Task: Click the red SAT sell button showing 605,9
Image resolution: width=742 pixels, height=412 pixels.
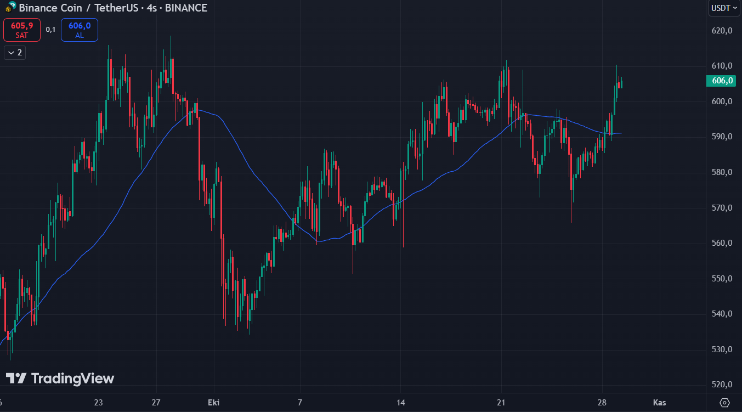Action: (x=22, y=30)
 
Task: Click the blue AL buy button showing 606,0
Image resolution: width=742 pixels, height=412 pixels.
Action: (x=80, y=30)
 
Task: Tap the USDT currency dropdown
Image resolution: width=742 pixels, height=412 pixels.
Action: (x=723, y=8)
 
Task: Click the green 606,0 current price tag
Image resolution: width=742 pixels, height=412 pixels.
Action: (x=722, y=81)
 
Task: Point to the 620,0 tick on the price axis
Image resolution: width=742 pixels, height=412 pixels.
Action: (x=722, y=31)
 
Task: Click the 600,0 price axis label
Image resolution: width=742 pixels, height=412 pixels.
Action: (x=722, y=101)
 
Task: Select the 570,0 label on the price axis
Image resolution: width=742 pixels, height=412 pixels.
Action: (x=722, y=208)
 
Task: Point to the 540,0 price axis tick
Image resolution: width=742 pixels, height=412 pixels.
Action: (x=722, y=314)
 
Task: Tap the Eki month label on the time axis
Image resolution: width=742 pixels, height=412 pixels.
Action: (x=214, y=403)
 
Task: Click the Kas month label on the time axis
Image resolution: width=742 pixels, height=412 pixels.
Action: (x=660, y=403)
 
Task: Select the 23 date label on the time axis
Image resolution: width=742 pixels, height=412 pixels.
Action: (x=99, y=403)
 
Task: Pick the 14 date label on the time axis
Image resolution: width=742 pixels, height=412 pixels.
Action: (x=401, y=403)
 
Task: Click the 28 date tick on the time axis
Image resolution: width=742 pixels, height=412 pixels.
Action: (x=602, y=403)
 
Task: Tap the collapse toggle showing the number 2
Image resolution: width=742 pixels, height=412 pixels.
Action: (x=15, y=53)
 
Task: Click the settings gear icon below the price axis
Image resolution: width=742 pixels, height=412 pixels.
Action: (x=725, y=403)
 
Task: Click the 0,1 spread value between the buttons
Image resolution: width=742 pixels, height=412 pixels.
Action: (x=50, y=30)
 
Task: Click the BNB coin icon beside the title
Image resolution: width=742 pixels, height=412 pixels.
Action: (x=10, y=8)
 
